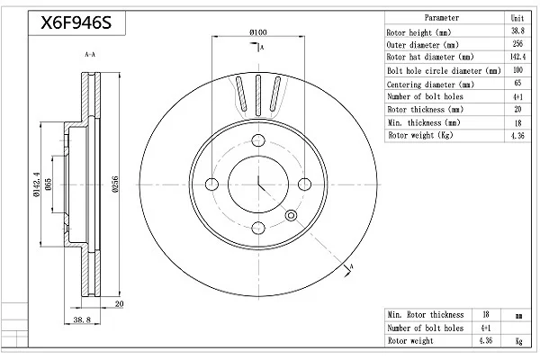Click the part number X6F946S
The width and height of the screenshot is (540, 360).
76,22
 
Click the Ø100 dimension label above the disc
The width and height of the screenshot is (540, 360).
258,32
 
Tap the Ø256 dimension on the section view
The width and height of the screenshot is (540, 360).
115,184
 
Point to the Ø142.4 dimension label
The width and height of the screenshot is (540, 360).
37,184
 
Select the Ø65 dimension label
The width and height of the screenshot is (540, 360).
48,184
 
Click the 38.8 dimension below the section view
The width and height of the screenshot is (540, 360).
82,319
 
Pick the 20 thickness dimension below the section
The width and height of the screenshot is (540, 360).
119,304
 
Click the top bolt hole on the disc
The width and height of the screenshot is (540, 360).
258,140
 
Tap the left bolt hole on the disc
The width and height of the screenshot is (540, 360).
211,184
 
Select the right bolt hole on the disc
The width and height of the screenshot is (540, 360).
304,184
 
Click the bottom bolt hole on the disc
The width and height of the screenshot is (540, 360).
258,228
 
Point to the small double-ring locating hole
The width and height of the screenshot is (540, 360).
291,216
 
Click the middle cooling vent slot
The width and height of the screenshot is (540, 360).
258,95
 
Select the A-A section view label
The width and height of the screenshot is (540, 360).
90,54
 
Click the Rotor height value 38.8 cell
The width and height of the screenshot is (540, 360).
517,31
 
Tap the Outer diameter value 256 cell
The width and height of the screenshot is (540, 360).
517,44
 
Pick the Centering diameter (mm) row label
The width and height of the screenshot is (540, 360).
430,85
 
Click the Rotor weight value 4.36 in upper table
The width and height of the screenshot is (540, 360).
517,135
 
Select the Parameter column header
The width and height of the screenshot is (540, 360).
442,18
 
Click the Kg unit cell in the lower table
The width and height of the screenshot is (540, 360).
518,341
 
